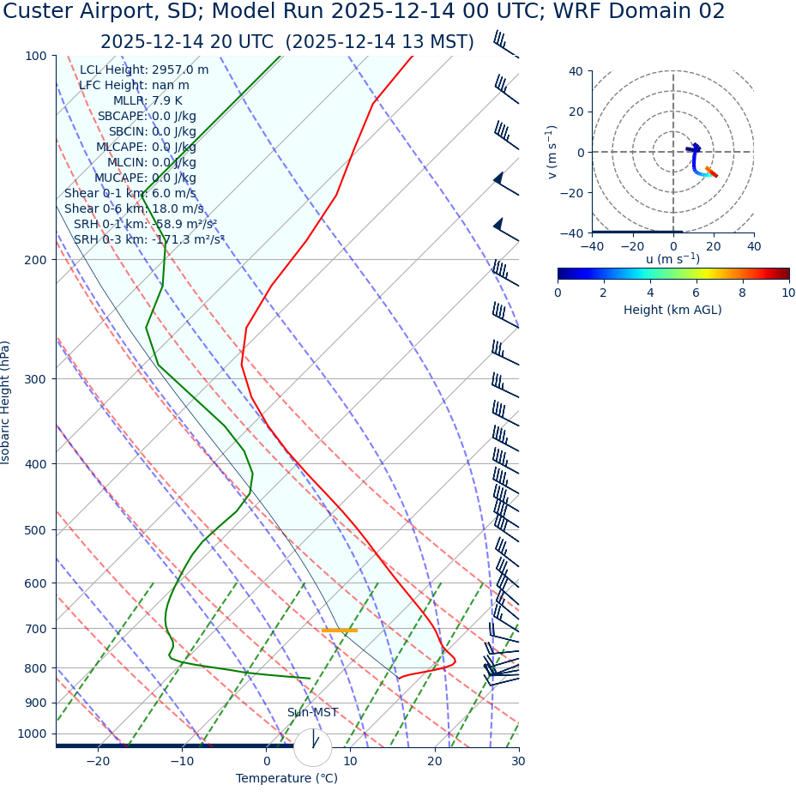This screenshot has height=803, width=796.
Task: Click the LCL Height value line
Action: [x=144, y=69]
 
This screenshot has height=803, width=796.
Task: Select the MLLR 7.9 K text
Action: [x=148, y=100]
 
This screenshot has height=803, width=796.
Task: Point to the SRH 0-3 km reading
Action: [x=148, y=239]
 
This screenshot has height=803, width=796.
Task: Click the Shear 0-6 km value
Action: [x=134, y=208]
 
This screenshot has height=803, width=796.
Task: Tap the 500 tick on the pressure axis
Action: [x=35, y=530]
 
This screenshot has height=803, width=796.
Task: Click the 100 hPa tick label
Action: [x=35, y=56]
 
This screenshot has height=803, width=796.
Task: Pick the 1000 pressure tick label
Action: [x=33, y=734]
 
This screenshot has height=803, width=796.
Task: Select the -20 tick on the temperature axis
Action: [x=98, y=761]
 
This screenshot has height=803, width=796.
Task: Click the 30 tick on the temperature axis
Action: [x=518, y=761]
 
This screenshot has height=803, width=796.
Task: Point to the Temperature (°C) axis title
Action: [x=286, y=778]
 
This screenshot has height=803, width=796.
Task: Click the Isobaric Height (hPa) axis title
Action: [x=6, y=402]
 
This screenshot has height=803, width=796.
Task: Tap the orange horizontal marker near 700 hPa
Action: [x=340, y=631]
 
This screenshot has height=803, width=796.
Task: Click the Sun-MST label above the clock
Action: [x=312, y=713]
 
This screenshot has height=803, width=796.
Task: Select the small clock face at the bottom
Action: [x=312, y=747]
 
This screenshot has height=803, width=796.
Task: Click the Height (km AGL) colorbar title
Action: [x=672, y=310]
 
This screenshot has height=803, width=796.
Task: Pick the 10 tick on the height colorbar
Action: [x=788, y=293]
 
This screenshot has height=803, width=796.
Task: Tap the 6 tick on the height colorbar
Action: [x=696, y=293]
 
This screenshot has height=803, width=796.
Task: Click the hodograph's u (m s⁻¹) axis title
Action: [x=672, y=259]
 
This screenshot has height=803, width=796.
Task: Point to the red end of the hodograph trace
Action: [x=714, y=175]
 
